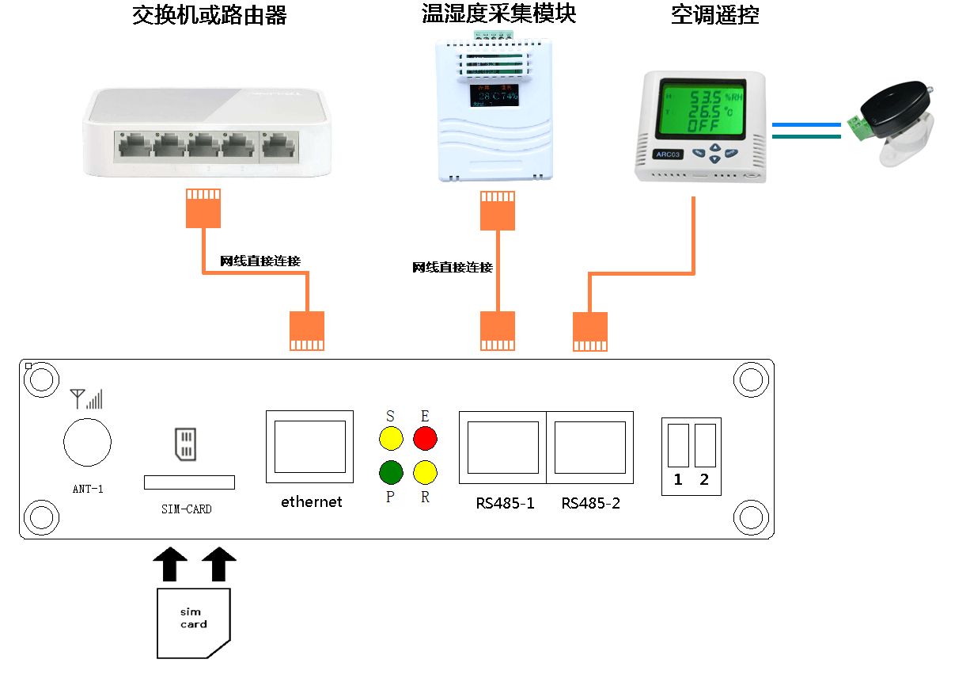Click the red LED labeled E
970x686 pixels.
[x=425, y=437]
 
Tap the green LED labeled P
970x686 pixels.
[x=391, y=472]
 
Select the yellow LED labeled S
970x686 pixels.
[x=391, y=437]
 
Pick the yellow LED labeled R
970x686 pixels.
[x=425, y=472]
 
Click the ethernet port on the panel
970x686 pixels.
[x=310, y=447]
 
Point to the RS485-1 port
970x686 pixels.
[x=502, y=447]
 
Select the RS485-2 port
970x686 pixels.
[x=589, y=447]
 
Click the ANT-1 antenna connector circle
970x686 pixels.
[x=87, y=442]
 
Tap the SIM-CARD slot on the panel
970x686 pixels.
[x=189, y=482]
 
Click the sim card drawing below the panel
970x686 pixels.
[x=193, y=623]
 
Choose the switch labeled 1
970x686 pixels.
[x=678, y=445]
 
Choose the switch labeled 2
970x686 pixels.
[x=705, y=445]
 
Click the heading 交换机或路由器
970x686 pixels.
[x=209, y=15]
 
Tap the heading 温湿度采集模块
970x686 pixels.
[x=498, y=13]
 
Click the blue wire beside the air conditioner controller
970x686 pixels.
[x=805, y=124]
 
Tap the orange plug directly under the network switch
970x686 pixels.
[x=203, y=208]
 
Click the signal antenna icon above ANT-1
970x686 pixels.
[x=85, y=398]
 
